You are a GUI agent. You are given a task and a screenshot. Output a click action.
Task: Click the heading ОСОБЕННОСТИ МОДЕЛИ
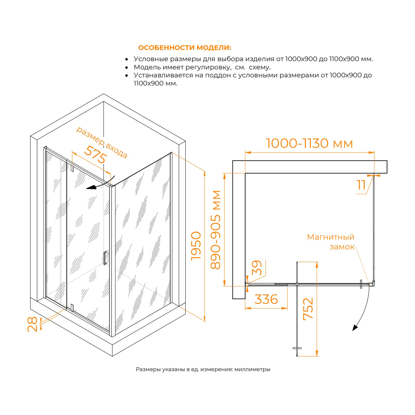pyautogui.click(x=184, y=48)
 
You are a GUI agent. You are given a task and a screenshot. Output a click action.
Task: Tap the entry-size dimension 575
pyautogui.click(x=95, y=154)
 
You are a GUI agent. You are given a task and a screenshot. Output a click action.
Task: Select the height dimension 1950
pyautogui.click(x=196, y=246)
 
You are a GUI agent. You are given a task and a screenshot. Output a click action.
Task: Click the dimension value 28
pyautogui.click(x=33, y=324)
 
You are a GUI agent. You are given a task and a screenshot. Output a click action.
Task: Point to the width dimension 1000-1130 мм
pyautogui.click(x=310, y=144)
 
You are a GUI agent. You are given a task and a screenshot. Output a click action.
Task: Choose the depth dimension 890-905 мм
pyautogui.click(x=215, y=230)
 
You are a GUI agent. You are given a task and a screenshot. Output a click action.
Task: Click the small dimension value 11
pyautogui.click(x=361, y=185)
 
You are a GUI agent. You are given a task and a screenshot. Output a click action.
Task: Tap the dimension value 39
pyautogui.click(x=257, y=268)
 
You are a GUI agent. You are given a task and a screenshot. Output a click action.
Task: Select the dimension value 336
pyautogui.click(x=266, y=299)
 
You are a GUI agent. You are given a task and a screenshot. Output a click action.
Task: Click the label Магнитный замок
pyautogui.click(x=331, y=242)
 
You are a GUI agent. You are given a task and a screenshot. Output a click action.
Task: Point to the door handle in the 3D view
pyautogui.click(x=105, y=258)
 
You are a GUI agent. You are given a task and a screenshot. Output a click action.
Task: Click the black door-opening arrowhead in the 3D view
pyautogui.click(x=91, y=187)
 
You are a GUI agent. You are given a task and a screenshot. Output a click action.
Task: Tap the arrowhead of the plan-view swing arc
pyautogui.click(x=354, y=328)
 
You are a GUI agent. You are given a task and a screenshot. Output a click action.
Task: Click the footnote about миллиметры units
pyautogui.click(x=203, y=369)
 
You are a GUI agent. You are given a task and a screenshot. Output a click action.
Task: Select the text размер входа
pyautogui.click(x=102, y=142)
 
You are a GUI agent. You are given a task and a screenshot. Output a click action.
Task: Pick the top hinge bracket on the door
pyautogui.click(x=72, y=168)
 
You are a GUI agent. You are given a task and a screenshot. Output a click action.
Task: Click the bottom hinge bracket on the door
pyautogui.click(x=72, y=307)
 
